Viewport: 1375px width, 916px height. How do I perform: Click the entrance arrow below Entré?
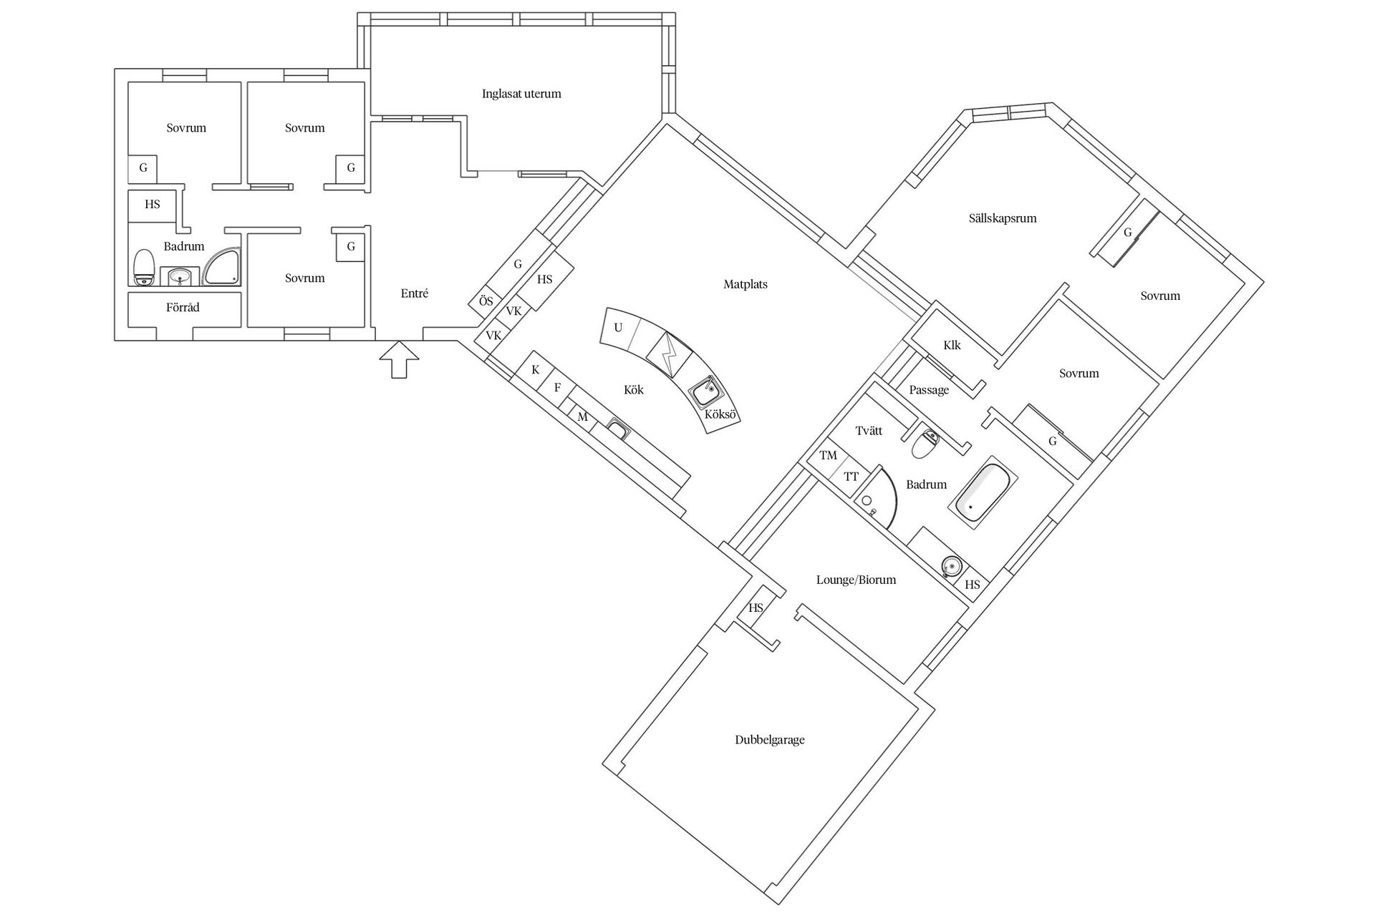(x=400, y=359)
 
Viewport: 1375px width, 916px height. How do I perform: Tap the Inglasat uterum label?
(x=521, y=94)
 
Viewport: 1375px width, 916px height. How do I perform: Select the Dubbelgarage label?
(x=770, y=740)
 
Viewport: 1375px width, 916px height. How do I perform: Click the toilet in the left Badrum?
(x=145, y=268)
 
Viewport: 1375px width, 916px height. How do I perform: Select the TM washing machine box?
(x=828, y=456)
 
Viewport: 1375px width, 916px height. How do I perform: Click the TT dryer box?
(x=851, y=477)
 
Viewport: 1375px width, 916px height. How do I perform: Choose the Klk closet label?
(x=952, y=346)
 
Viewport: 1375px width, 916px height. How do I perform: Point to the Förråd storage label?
(x=183, y=308)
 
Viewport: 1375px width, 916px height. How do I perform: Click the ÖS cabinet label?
(x=486, y=301)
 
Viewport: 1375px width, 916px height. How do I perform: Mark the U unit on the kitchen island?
(x=619, y=328)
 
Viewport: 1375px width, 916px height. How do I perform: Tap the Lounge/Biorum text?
(x=856, y=580)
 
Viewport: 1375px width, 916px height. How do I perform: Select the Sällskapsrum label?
(x=1002, y=218)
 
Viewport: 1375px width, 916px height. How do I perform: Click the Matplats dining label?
(x=745, y=284)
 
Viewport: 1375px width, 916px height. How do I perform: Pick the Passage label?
(x=929, y=390)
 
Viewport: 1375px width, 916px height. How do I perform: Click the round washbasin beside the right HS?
(x=950, y=565)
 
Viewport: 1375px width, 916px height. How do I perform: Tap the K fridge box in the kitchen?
(x=536, y=370)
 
